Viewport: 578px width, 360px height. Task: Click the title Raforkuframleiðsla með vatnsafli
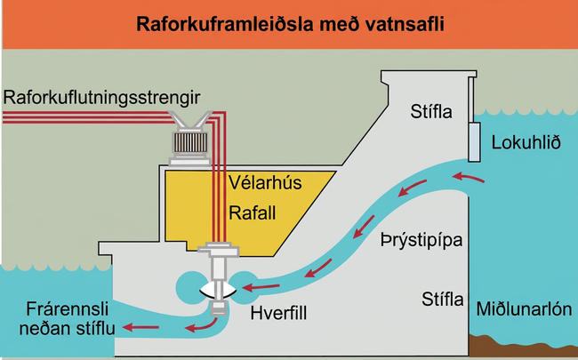[290, 24]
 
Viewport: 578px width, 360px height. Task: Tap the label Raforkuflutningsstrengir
[101, 98]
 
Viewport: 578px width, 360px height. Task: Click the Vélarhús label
[265, 182]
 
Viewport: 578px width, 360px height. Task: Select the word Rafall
[253, 213]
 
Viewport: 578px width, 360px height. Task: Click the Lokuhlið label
[526, 142]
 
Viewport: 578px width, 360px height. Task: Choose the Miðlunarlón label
[524, 309]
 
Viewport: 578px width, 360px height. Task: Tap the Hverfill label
[278, 314]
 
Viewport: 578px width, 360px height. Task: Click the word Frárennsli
[68, 309]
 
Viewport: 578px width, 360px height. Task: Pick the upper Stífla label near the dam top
[431, 112]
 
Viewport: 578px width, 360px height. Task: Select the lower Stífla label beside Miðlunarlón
[443, 300]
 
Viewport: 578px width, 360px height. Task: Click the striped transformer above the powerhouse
[190, 142]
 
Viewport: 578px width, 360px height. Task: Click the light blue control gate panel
[475, 142]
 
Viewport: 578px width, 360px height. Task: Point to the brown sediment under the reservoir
[523, 345]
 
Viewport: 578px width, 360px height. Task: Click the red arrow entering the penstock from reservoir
[468, 178]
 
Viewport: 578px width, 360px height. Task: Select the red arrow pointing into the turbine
[261, 287]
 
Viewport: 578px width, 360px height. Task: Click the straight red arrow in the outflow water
[140, 327]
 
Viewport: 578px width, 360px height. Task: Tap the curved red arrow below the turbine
[201, 325]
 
